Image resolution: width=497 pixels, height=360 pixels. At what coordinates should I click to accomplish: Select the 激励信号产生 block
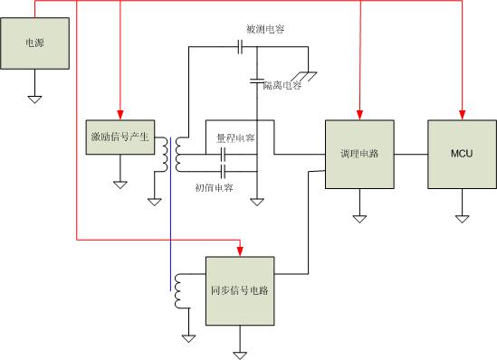(x=119, y=137)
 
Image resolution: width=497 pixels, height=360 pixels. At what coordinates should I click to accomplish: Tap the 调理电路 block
(x=360, y=155)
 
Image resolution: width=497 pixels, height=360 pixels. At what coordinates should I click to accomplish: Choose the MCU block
(x=462, y=155)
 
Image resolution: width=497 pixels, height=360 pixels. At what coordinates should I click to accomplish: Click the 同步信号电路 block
(x=240, y=291)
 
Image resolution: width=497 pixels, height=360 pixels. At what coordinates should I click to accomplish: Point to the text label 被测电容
(x=265, y=30)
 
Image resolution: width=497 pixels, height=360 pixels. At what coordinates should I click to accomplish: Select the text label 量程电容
(x=234, y=137)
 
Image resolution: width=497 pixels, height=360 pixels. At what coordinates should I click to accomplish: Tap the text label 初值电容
(x=215, y=187)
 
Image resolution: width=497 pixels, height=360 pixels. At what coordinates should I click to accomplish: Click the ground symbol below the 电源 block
(x=35, y=98)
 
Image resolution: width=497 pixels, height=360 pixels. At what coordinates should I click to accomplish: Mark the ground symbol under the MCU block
(x=462, y=217)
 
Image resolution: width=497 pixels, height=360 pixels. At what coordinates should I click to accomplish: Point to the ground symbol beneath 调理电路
(x=360, y=217)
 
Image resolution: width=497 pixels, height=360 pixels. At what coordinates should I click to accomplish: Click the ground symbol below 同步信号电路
(x=240, y=354)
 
